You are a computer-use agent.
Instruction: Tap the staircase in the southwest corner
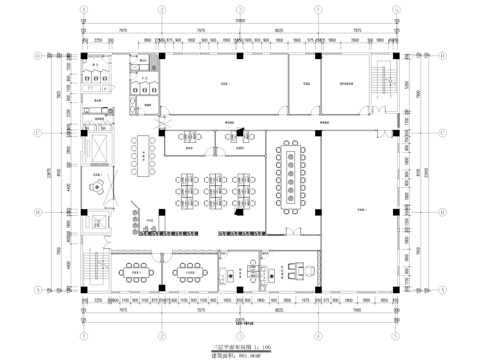[x=98, y=268]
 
